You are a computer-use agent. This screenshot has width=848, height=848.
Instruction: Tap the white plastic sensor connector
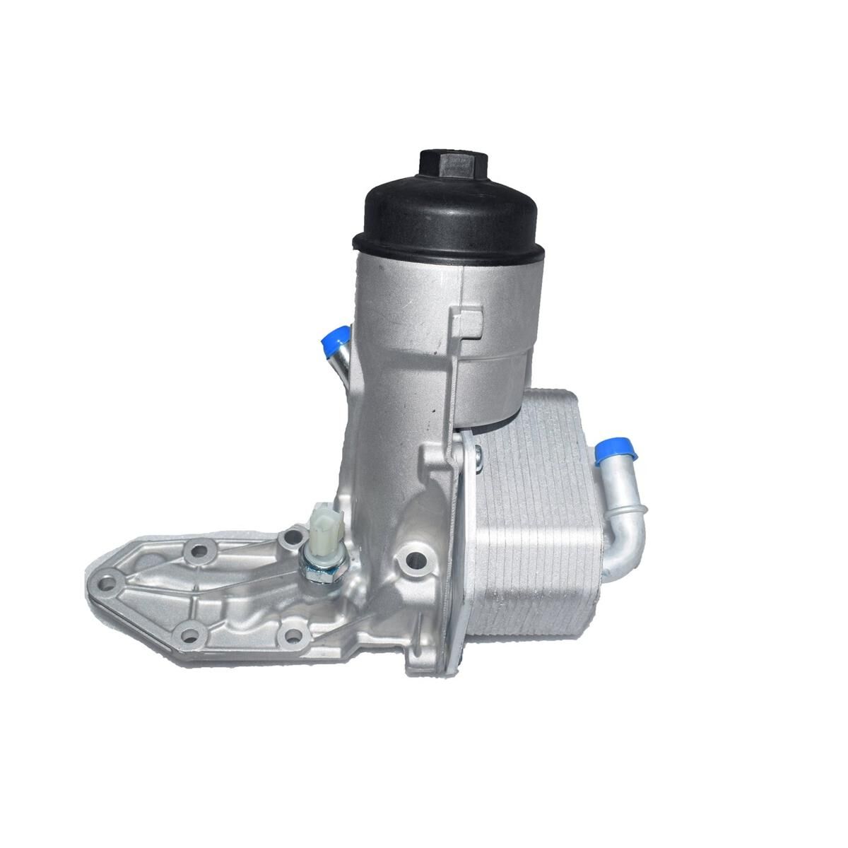[323, 519]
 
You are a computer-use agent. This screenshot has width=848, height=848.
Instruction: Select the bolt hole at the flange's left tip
[106, 583]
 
